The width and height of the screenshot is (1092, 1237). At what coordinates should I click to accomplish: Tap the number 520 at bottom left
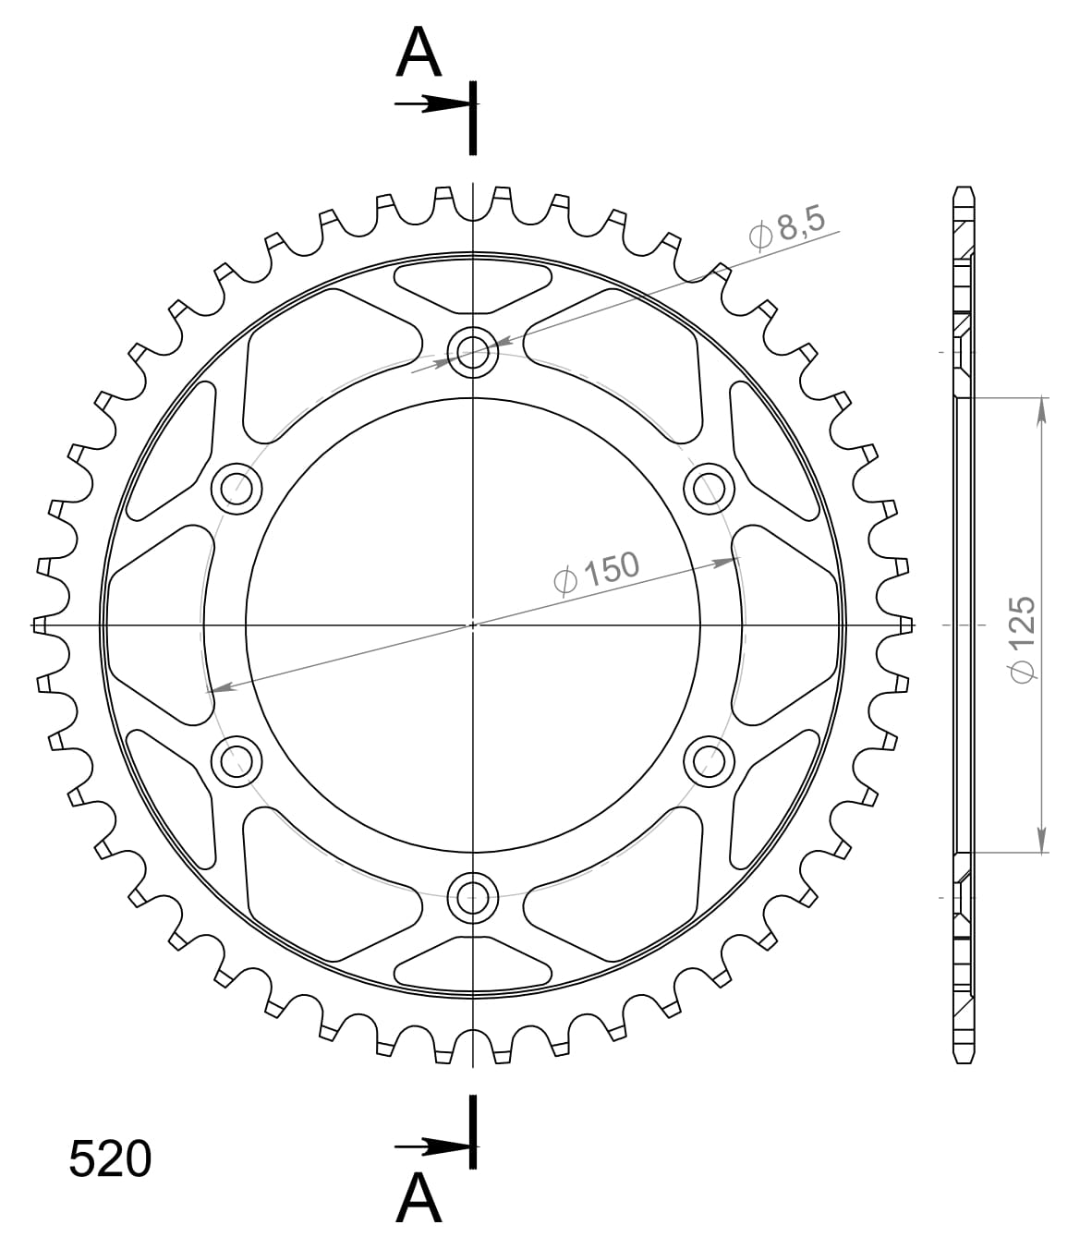pyautogui.click(x=109, y=1158)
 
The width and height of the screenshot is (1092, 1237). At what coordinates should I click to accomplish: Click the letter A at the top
pyautogui.click(x=419, y=53)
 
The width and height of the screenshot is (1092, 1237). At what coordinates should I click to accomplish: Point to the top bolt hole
pyautogui.click(x=472, y=351)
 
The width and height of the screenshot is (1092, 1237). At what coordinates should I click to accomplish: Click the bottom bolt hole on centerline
pyautogui.click(x=472, y=894)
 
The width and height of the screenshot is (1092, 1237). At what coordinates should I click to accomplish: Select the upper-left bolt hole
pyautogui.click(x=237, y=487)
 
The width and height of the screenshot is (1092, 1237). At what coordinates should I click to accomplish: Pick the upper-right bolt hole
pyautogui.click(x=709, y=487)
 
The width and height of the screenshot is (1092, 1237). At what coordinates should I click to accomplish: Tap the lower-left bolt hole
pyautogui.click(x=237, y=759)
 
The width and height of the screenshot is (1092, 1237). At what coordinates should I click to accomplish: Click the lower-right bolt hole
pyautogui.click(x=709, y=759)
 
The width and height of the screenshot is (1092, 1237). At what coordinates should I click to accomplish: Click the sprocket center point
pyautogui.click(x=473, y=625)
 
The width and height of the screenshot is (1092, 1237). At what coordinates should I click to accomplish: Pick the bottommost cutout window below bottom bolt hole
pyautogui.click(x=472, y=964)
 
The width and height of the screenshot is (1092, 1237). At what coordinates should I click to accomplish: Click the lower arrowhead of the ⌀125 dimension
pyautogui.click(x=1042, y=841)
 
